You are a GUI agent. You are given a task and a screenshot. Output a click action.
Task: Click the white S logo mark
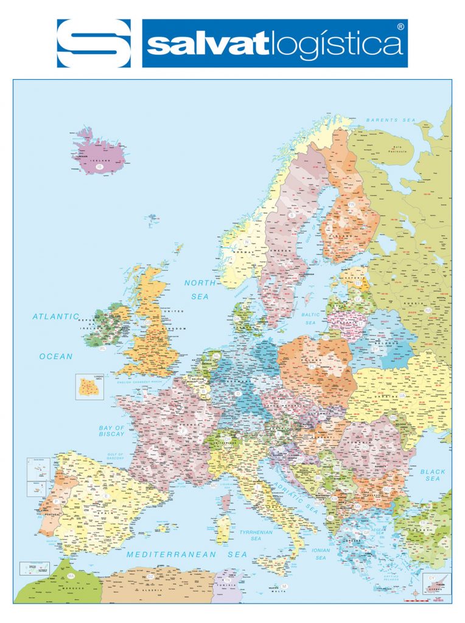pos(94,43)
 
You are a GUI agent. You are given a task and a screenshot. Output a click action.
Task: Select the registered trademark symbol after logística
pos(400,27)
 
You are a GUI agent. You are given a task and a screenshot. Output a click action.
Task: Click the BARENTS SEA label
pos(390,120)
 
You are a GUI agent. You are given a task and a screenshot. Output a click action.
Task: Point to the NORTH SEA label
pos(200,290)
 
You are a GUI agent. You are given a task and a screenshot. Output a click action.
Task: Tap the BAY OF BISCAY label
pos(111,431)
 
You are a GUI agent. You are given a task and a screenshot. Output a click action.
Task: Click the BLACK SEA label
pos(433,475)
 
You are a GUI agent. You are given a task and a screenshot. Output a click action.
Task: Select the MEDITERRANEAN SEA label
pos(187,554)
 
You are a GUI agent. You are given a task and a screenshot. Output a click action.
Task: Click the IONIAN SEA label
pos(321,554)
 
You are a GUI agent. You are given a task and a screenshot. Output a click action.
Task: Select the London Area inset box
pos(89,387)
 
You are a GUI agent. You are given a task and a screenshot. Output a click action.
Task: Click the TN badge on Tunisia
pos(227,580)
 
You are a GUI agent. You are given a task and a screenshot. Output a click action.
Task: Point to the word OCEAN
pos(56,357)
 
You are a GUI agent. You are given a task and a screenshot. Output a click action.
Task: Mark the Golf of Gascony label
pos(116,456)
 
